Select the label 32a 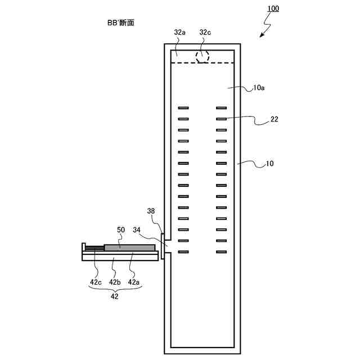tap(179, 33)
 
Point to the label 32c tap(206, 33)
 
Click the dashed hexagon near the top tap(202, 56)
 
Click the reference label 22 tap(274, 119)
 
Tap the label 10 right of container tap(270, 164)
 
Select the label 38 tap(151, 211)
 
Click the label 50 tap(120, 230)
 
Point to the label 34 tap(136, 230)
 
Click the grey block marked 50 tap(129, 247)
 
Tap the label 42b tap(115, 282)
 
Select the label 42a tap(134, 282)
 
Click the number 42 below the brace tap(115, 296)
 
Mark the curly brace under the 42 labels tap(115, 289)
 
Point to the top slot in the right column tap(221, 107)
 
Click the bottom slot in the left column tap(183, 251)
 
